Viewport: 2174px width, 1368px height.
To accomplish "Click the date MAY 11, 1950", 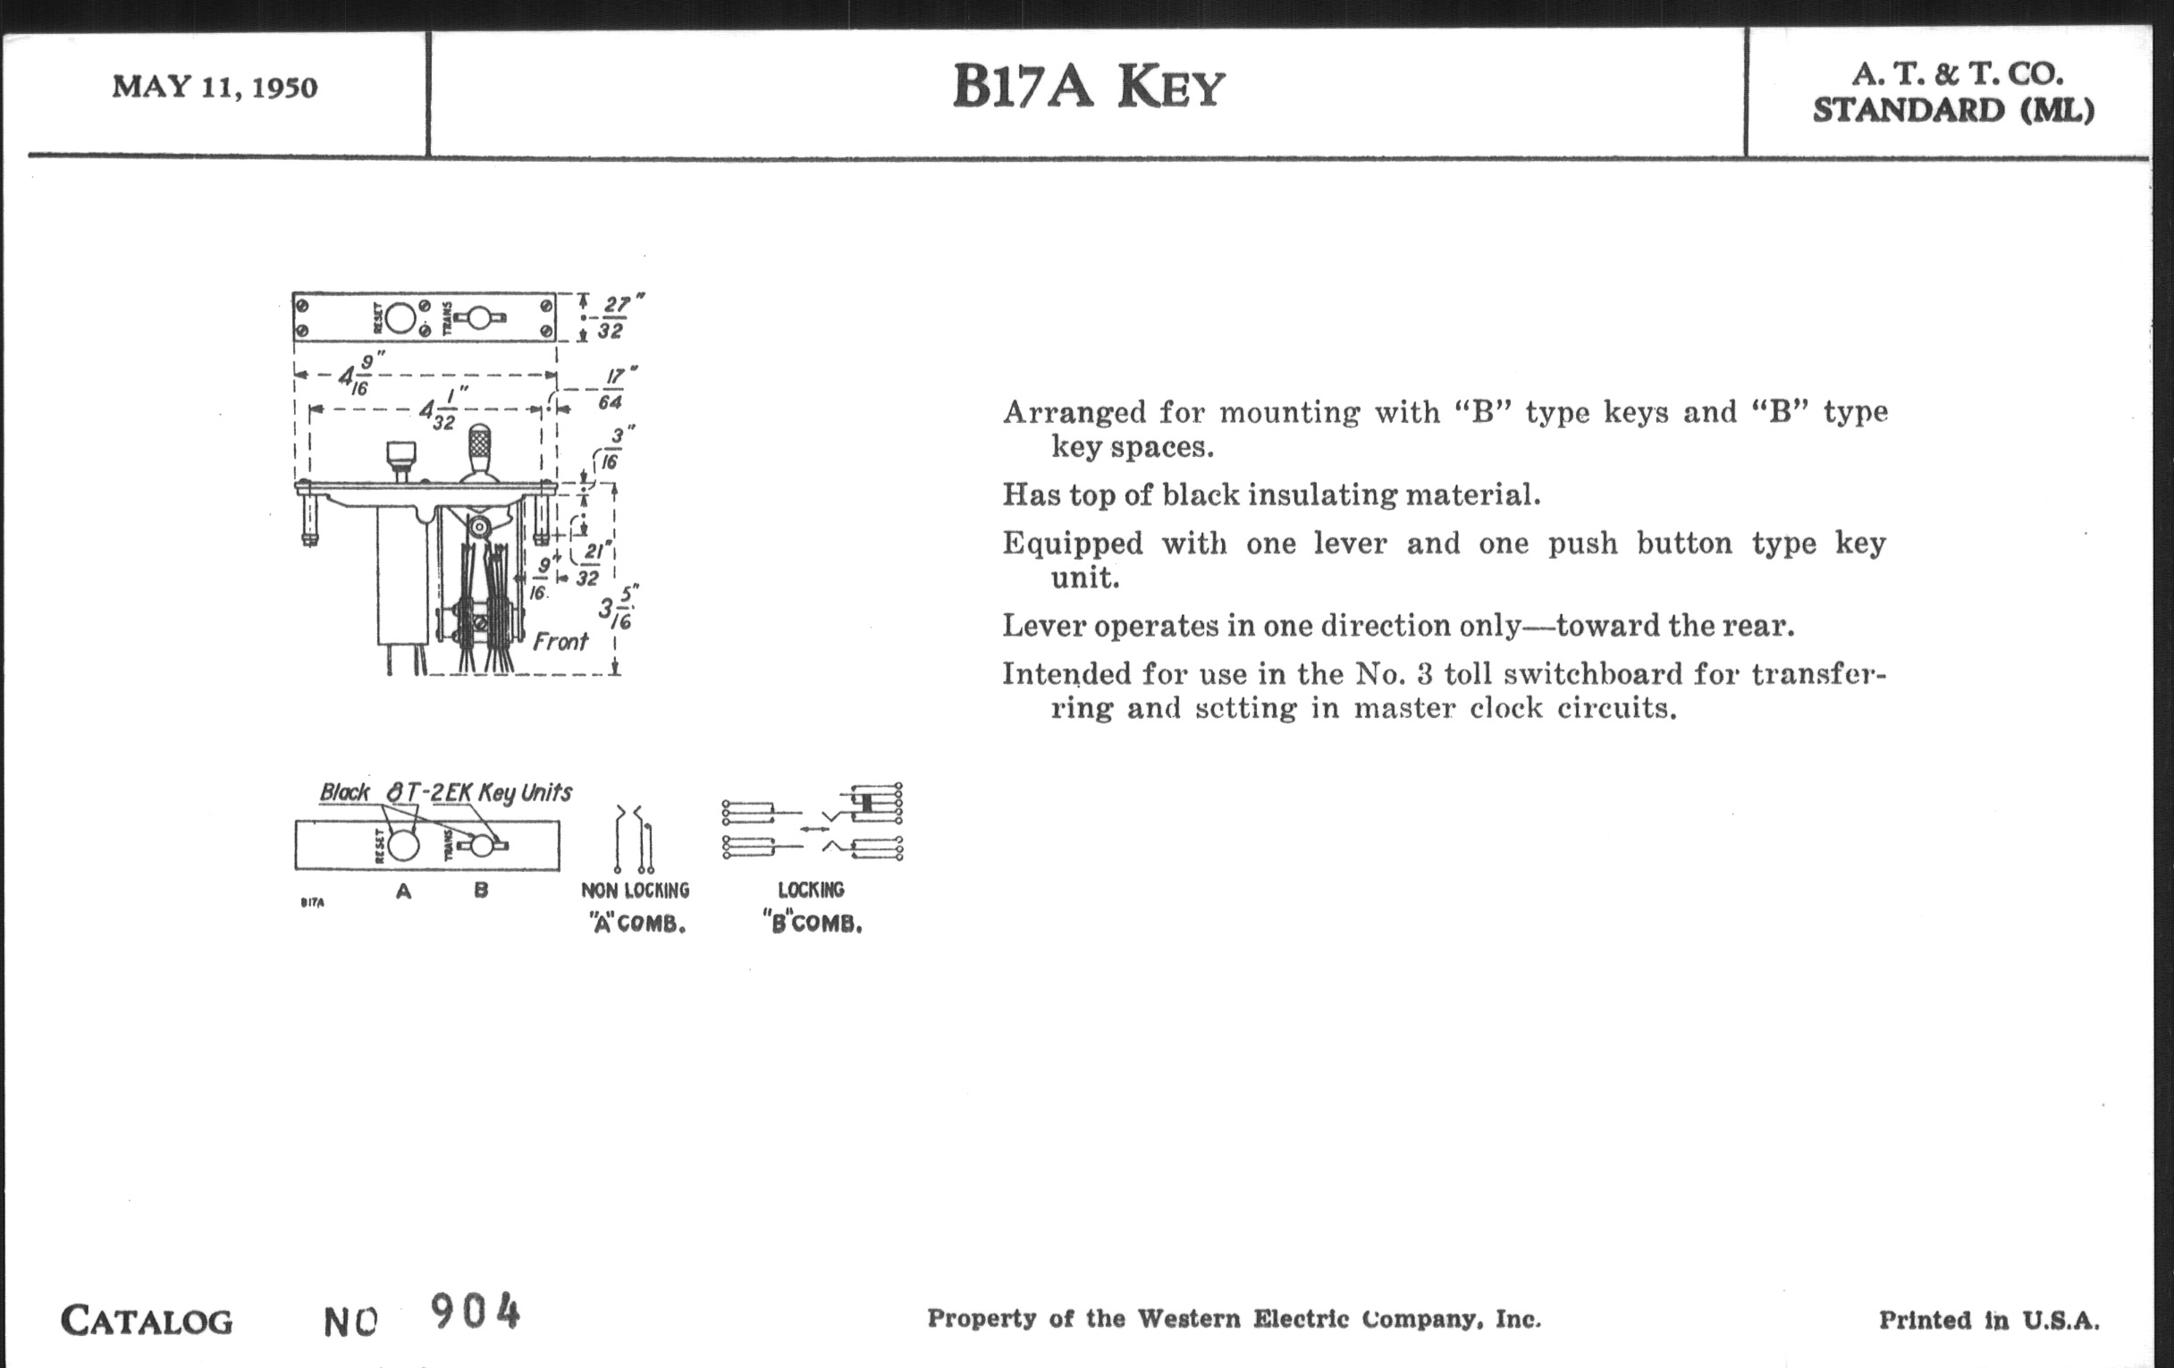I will coord(215,88).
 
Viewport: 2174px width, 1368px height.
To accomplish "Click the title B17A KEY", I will coord(1088,88).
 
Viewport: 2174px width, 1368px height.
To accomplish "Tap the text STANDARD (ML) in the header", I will coord(1953,110).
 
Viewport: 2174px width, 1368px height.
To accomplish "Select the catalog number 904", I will coord(475,1312).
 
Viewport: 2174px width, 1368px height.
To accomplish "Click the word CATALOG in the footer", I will coord(147,1322).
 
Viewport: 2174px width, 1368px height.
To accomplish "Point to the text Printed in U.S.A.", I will coord(1989,1320).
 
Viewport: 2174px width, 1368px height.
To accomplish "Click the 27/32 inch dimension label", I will coord(612,317).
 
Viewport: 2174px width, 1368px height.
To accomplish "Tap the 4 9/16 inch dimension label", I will coord(359,374).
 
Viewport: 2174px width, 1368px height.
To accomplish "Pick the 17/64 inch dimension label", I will coord(613,389).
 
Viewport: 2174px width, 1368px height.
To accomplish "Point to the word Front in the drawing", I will coord(560,642).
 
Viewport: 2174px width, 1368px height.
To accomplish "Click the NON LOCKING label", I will coord(635,891).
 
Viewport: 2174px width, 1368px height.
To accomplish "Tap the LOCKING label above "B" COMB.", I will coord(811,890).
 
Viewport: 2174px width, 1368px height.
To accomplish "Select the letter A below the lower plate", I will coord(403,891).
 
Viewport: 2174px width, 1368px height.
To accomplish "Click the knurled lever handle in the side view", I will coord(480,445).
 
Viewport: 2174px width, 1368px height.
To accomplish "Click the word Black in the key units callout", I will coord(344,792).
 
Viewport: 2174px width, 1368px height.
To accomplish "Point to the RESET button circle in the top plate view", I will coord(400,317).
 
